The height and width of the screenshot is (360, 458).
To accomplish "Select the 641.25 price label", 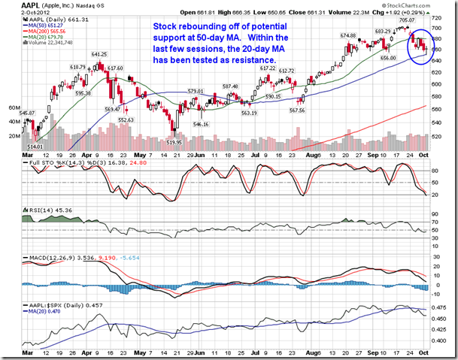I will pos(99,55).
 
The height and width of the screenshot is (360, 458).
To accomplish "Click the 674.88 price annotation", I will pos(347,35).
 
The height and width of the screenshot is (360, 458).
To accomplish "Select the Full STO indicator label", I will pos(38,161).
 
